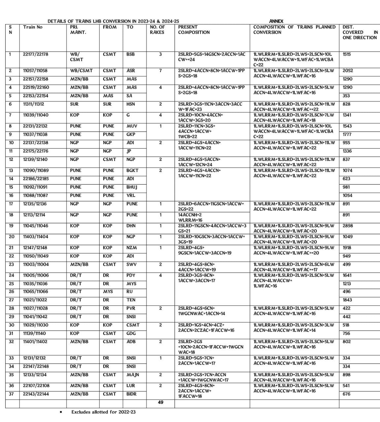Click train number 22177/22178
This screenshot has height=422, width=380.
[x=36, y=54]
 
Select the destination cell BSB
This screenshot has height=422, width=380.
[x=130, y=54]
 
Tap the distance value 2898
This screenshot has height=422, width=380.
[x=347, y=226]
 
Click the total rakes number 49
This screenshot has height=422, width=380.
[x=160, y=402]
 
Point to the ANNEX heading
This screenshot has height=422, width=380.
[x=276, y=21]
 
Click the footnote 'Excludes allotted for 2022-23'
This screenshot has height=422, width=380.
[x=103, y=412]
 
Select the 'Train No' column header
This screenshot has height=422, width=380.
[x=33, y=27]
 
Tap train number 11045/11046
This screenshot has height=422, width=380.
[x=36, y=226]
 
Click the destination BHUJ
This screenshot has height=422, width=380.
[x=132, y=187]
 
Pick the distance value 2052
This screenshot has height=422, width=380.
[x=347, y=71]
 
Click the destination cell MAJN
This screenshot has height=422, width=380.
[x=133, y=375]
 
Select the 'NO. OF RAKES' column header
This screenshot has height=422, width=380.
[x=157, y=30]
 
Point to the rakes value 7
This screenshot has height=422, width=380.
[x=160, y=71]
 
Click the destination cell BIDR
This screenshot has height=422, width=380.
[x=132, y=394]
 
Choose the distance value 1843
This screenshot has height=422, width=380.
[x=347, y=300]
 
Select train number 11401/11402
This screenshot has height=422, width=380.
[x=36, y=342]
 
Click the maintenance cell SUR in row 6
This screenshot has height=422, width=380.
[x=74, y=104]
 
